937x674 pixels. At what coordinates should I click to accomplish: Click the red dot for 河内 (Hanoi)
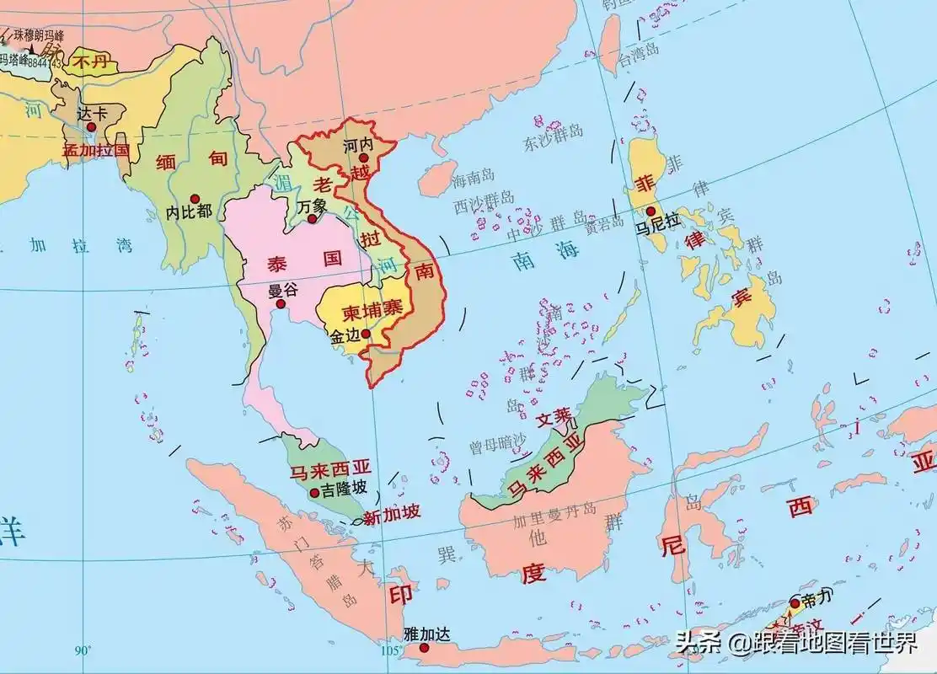(x=364, y=158)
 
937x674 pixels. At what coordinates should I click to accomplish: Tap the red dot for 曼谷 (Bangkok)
(x=281, y=303)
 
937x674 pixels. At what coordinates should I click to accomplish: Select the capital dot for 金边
(x=366, y=334)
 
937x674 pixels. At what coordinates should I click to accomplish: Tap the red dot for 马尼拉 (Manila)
(x=651, y=211)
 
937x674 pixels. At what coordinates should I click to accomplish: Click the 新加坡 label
(x=391, y=516)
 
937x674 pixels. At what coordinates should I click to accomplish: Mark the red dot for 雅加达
(x=412, y=648)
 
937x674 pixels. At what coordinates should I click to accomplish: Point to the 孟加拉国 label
(x=95, y=151)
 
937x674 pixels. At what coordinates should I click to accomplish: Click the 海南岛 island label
(x=469, y=180)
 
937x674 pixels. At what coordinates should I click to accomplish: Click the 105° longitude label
(x=390, y=650)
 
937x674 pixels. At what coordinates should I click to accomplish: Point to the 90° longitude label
(x=83, y=650)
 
